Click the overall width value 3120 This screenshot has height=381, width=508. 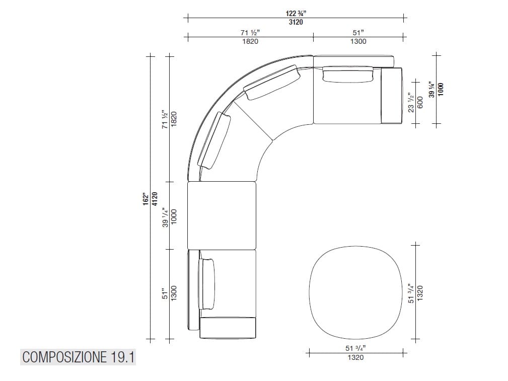296,23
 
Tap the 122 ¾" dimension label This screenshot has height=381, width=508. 296,14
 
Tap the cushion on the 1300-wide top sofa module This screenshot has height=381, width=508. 348,74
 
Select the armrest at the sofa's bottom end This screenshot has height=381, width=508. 228,328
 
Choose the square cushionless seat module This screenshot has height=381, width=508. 222,215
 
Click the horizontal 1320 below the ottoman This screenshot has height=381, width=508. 355,357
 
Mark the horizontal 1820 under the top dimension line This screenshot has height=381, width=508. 250,42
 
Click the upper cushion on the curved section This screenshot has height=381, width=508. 272,84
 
